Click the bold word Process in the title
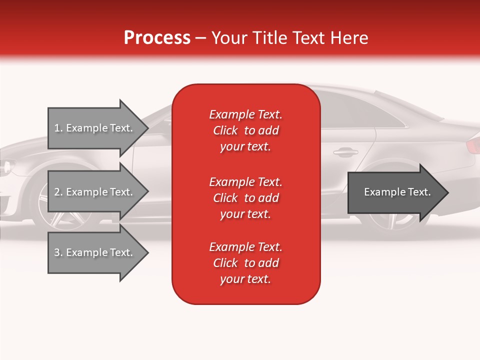157,38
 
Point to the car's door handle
345,151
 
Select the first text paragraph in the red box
245,130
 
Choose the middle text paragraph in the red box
245,198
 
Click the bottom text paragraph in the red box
245,263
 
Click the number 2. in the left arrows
58,192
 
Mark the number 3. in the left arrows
58,252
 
